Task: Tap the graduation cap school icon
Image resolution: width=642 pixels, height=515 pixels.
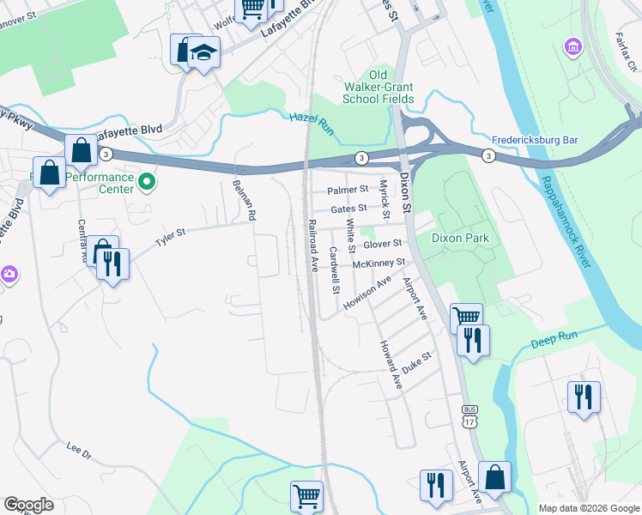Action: (203, 53)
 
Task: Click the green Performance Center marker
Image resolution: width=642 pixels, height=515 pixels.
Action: (146, 182)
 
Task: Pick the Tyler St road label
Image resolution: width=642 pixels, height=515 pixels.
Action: (170, 235)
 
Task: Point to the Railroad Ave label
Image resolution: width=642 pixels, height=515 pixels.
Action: (314, 245)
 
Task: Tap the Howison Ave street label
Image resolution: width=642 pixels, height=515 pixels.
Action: (366, 293)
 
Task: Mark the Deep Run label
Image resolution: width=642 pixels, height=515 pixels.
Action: (550, 340)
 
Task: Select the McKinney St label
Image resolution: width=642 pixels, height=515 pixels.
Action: (372, 263)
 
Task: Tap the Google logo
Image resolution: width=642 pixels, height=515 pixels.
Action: (28, 505)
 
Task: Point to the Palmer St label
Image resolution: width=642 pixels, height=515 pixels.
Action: (348, 189)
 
